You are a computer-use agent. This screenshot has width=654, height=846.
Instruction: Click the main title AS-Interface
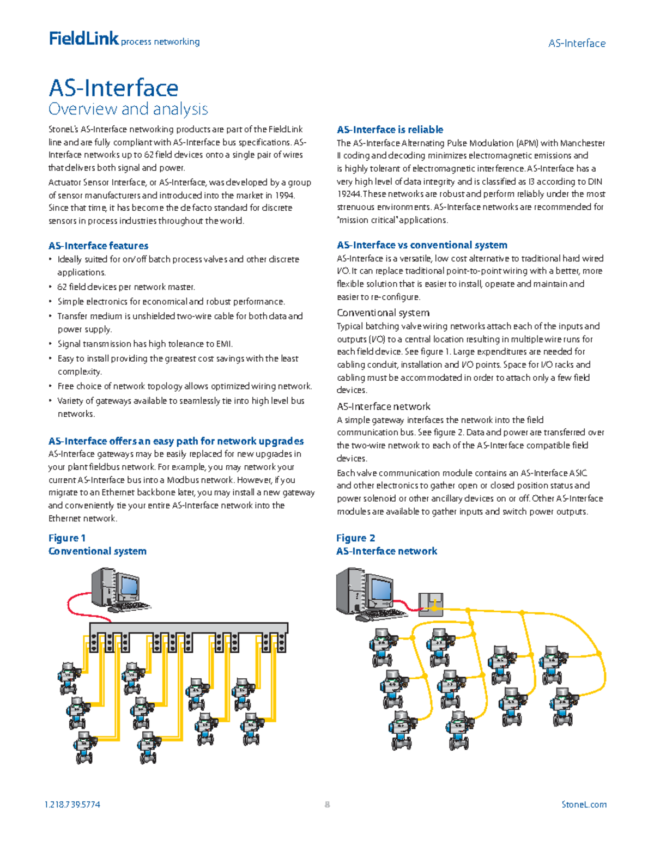click(x=113, y=88)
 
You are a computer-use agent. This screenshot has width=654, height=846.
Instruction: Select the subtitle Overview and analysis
click(x=128, y=109)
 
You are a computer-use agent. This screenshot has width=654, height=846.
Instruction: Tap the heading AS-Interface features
click(x=98, y=246)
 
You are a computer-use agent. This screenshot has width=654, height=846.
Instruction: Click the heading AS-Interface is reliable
click(x=390, y=130)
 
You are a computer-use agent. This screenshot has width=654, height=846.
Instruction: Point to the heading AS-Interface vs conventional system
click(x=422, y=245)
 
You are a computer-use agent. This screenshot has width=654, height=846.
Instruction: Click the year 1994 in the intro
click(x=284, y=195)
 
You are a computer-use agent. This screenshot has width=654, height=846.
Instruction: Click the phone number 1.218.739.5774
click(x=72, y=805)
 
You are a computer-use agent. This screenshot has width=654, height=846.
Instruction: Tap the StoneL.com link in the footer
click(x=584, y=805)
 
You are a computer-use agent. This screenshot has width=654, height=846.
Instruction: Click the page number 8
click(x=327, y=805)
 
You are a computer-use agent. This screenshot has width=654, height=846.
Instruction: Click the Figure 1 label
click(x=66, y=538)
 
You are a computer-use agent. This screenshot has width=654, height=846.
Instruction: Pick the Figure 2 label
click(x=355, y=538)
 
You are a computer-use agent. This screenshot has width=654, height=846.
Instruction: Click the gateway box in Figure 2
click(x=431, y=605)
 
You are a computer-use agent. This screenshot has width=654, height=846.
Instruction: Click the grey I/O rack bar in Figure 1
click(x=189, y=628)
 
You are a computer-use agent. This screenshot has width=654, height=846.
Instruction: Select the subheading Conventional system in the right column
click(x=383, y=313)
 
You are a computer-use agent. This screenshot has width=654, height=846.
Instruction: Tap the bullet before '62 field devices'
click(x=50, y=287)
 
